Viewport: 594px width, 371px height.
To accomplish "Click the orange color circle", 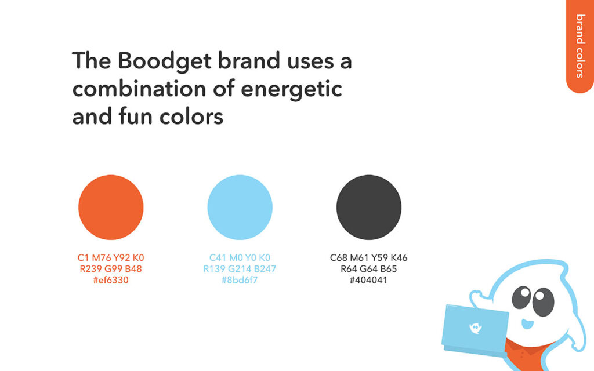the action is tap(111, 207).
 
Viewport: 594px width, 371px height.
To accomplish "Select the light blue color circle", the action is tap(240, 207).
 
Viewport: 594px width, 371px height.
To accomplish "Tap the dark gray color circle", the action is tap(368, 207).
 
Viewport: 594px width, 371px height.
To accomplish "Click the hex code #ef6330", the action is tap(111, 280).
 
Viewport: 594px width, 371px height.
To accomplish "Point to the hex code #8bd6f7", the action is tap(240, 280).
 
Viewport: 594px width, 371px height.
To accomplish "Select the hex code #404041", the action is tap(368, 280).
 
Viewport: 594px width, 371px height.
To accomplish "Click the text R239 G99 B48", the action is tap(111, 269).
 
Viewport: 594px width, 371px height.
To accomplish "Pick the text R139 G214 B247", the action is tap(240, 269).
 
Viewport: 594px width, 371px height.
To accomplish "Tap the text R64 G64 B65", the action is tap(368, 269).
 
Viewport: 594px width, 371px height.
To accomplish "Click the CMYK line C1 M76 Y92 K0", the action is tap(111, 258).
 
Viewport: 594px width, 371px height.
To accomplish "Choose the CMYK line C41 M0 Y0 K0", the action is tap(240, 258).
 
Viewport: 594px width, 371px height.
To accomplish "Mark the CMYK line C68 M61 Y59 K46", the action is tap(368, 258).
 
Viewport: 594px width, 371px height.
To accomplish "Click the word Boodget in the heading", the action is tap(165, 61).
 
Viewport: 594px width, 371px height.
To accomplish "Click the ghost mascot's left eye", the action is tap(521, 297).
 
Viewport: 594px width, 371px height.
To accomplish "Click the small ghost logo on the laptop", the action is tap(475, 328).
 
